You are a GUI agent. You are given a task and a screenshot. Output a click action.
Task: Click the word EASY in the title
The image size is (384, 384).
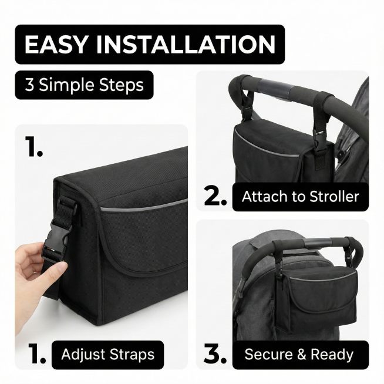[56, 44]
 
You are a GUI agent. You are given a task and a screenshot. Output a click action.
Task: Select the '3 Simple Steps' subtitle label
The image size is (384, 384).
[84, 85]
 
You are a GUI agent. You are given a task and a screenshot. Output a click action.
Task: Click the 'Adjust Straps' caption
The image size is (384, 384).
[108, 355]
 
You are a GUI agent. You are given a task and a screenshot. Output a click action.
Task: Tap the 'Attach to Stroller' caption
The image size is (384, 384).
[300, 197]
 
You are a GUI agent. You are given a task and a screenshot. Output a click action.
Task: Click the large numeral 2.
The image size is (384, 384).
[215, 197]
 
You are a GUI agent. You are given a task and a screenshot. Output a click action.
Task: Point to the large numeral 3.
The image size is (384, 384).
[215, 355]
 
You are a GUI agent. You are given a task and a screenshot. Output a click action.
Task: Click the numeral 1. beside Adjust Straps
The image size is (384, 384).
[37, 353]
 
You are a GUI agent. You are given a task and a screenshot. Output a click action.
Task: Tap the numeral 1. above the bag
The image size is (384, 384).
[34, 146]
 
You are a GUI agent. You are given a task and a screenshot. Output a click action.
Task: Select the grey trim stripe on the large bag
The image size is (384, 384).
[144, 205]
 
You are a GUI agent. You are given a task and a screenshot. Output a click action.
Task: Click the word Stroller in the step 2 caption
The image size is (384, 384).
[334, 197]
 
